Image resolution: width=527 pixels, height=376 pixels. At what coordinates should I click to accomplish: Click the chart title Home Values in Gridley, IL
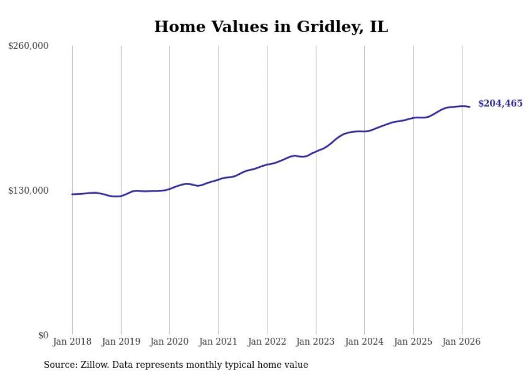click(x=270, y=26)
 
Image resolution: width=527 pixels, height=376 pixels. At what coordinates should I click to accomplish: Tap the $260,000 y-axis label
click(x=29, y=46)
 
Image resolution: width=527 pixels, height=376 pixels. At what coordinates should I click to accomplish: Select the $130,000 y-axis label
click(x=29, y=190)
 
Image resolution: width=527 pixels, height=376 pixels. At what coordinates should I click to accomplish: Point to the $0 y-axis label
click(x=43, y=335)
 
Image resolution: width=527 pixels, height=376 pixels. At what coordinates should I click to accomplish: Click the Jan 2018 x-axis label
click(x=72, y=342)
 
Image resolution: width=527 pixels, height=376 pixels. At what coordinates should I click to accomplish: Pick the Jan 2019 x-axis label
click(x=120, y=342)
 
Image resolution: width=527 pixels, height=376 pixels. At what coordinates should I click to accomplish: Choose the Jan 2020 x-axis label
click(x=169, y=342)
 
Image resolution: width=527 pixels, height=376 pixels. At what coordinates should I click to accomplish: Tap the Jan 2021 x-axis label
click(x=218, y=342)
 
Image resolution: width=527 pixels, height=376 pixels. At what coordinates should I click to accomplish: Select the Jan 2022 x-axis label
click(x=267, y=342)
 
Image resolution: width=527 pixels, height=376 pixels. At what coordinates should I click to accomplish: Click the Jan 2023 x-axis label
click(x=316, y=342)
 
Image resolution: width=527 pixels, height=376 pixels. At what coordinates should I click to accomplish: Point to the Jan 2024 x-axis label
click(x=364, y=342)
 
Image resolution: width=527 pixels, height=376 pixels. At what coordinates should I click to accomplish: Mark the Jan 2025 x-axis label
click(x=413, y=342)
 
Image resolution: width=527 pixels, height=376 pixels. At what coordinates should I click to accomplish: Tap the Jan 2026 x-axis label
click(x=461, y=342)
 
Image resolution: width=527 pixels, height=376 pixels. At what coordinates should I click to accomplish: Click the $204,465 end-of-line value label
click(x=500, y=103)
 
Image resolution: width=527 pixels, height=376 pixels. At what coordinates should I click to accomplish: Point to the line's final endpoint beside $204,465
click(x=469, y=107)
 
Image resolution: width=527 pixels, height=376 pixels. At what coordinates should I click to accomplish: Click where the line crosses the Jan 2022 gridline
click(x=267, y=165)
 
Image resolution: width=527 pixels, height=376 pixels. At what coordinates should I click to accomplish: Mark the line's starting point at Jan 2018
click(x=72, y=194)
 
